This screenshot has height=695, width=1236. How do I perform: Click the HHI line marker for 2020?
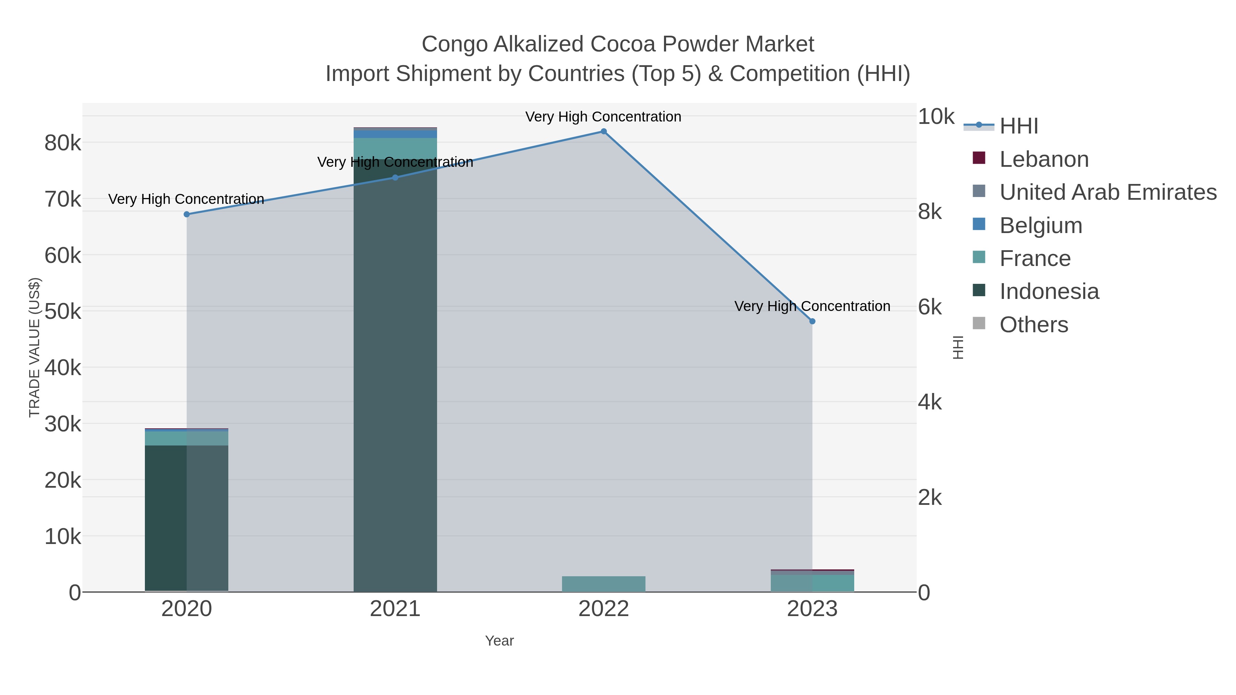click(187, 215)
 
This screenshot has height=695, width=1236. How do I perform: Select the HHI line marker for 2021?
click(395, 177)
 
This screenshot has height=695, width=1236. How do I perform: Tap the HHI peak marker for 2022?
click(604, 131)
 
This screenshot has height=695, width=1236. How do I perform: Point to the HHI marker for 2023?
click(812, 321)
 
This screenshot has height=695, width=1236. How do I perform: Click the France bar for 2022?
click(604, 584)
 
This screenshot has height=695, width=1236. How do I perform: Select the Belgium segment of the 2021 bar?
click(395, 134)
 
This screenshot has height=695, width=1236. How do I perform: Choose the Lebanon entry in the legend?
click(1044, 159)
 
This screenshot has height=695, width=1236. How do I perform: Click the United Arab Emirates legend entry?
click(1107, 192)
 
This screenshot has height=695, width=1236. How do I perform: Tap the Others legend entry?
click(1033, 325)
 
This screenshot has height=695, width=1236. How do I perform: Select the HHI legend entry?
click(1019, 126)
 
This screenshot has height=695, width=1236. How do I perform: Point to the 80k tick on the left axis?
click(63, 143)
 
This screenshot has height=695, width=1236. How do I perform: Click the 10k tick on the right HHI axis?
click(936, 117)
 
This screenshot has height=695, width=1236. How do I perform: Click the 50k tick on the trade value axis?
click(63, 312)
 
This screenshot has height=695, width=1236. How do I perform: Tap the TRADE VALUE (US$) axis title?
click(34, 347)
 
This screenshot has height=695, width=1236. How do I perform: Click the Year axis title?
click(499, 641)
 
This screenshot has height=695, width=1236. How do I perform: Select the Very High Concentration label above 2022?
click(603, 117)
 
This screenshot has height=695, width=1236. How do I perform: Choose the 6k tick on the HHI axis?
click(930, 308)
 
